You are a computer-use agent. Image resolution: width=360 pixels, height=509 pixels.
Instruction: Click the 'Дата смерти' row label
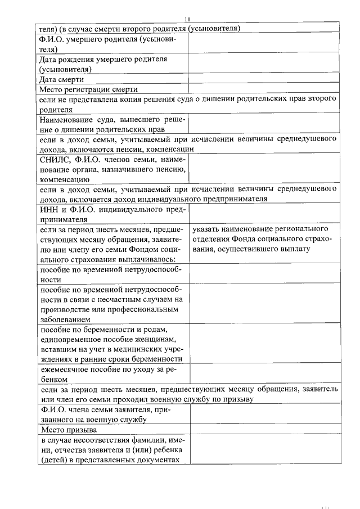[x=60, y=80]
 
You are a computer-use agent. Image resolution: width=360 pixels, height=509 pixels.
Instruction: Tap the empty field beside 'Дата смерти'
[x=263, y=80]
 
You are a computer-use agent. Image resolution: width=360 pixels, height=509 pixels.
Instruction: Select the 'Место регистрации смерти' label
[x=88, y=89]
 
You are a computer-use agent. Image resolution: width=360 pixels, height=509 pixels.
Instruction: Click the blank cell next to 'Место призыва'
[x=264, y=430]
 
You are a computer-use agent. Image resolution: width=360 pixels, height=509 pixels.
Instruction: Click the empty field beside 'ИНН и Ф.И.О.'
[x=263, y=214]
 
